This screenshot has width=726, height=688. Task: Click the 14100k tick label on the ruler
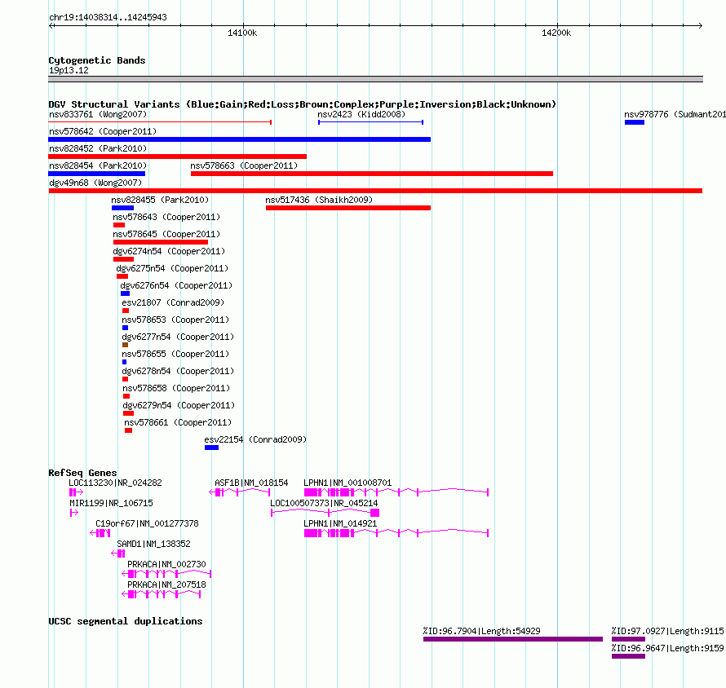(x=242, y=33)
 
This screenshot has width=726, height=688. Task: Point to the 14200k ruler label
(x=556, y=33)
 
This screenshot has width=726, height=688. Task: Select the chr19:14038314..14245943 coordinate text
(x=108, y=17)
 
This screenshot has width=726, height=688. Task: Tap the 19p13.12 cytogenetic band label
(x=69, y=70)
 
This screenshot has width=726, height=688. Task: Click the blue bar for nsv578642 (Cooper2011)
(x=239, y=139)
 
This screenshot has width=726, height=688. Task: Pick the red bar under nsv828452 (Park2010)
(x=177, y=157)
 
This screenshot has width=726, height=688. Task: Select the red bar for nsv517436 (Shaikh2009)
(x=348, y=208)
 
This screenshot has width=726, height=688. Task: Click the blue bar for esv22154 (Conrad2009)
(x=211, y=448)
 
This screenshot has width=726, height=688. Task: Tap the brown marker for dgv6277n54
(x=125, y=345)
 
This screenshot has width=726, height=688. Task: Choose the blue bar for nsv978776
(x=635, y=122)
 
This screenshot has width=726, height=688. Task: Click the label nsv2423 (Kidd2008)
(x=361, y=114)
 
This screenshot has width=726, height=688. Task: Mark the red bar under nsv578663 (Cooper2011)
(x=372, y=174)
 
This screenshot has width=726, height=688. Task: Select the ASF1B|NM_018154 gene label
(x=251, y=483)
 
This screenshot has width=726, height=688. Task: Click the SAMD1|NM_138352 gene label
(x=153, y=544)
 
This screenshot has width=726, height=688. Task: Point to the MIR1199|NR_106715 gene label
(x=111, y=503)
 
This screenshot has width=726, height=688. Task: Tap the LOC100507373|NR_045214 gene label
(x=324, y=503)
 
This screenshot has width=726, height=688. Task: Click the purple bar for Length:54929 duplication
(x=513, y=639)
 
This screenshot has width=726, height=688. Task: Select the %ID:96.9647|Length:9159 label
(x=667, y=648)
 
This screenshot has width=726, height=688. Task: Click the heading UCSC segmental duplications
(x=126, y=621)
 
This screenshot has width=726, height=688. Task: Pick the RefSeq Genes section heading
(x=82, y=473)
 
